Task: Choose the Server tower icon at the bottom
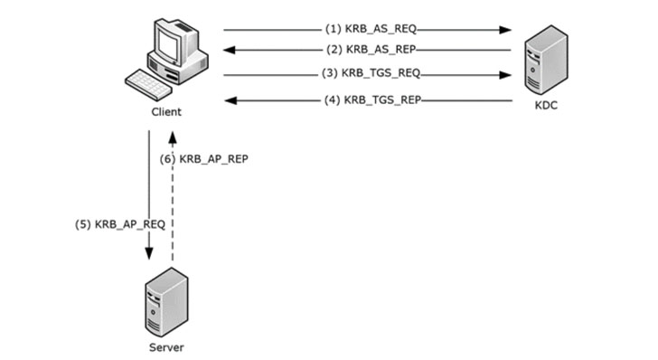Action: click(x=164, y=305)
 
